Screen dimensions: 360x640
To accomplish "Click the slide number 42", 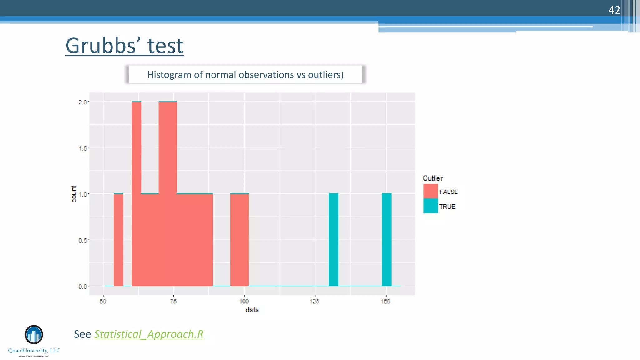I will (x=614, y=10).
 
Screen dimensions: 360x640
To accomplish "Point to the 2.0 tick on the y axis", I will (x=83, y=102).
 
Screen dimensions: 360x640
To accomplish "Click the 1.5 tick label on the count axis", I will (x=83, y=148).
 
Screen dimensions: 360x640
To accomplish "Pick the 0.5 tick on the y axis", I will (x=83, y=240).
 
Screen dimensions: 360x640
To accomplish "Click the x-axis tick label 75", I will (x=173, y=302).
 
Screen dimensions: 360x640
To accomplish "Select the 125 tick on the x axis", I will (x=314, y=302).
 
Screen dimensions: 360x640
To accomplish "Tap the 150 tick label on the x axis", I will (x=385, y=302).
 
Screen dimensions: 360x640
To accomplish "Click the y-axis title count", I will (x=74, y=194).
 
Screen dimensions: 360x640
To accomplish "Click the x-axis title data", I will (x=252, y=310).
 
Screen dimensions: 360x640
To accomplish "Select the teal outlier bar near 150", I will (x=387, y=240).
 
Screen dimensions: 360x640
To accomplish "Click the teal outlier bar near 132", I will (x=333, y=240).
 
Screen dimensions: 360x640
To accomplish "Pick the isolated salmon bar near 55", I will (x=118, y=240).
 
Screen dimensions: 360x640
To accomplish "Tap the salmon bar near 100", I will (x=239, y=240).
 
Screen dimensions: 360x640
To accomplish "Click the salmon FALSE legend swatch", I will (x=431, y=191).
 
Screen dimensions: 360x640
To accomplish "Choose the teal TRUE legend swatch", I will (x=431, y=206).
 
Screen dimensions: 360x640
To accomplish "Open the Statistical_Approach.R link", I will (x=149, y=334).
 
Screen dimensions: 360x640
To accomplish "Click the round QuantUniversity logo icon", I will (x=34, y=335).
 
